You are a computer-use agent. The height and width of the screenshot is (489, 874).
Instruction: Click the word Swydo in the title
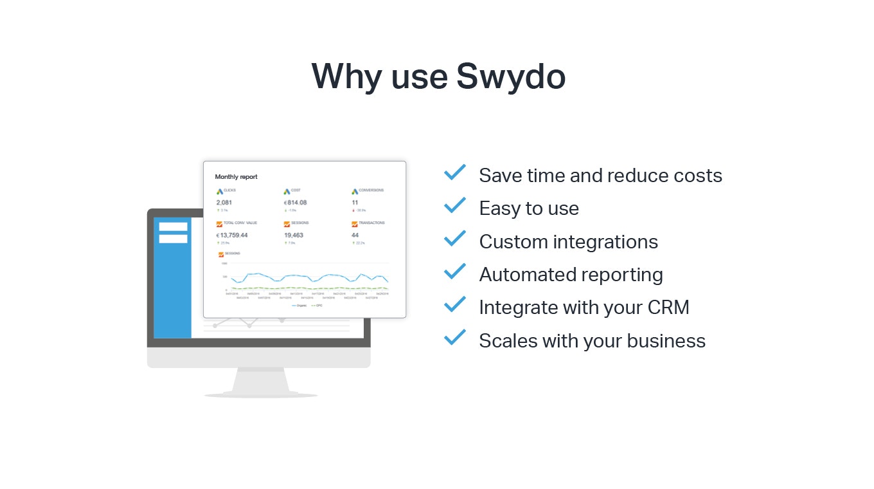coord(511,76)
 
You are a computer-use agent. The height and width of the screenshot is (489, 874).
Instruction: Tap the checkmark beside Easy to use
coord(455,205)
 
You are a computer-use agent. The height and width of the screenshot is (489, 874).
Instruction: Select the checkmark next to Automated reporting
coord(455,272)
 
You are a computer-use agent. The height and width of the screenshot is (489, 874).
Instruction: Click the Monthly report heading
coord(236,177)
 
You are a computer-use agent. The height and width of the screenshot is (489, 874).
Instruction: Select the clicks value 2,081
coord(224,203)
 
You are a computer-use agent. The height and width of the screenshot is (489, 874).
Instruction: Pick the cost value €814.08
coord(296,203)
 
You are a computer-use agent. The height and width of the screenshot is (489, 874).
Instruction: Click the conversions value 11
coord(355,203)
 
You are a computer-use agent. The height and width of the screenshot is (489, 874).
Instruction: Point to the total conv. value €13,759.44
coord(232,235)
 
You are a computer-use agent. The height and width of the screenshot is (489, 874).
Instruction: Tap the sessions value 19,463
coord(294,235)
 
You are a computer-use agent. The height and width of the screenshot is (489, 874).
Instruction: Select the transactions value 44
coord(355,235)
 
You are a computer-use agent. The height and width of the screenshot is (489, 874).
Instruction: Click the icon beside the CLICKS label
coord(219,191)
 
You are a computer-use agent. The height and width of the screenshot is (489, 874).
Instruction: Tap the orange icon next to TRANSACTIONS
coord(354,224)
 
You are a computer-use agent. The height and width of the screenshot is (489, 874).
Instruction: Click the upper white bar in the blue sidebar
coord(173,226)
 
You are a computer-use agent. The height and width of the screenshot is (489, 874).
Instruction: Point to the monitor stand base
coord(260,394)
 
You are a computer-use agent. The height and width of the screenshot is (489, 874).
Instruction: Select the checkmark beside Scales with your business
coord(455,337)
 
